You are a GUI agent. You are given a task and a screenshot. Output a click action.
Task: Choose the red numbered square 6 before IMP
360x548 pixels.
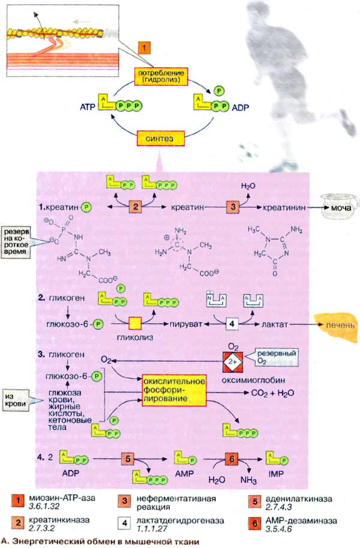tap(233, 459)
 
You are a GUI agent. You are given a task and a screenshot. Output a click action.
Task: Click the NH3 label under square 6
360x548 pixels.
tap(247, 480)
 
